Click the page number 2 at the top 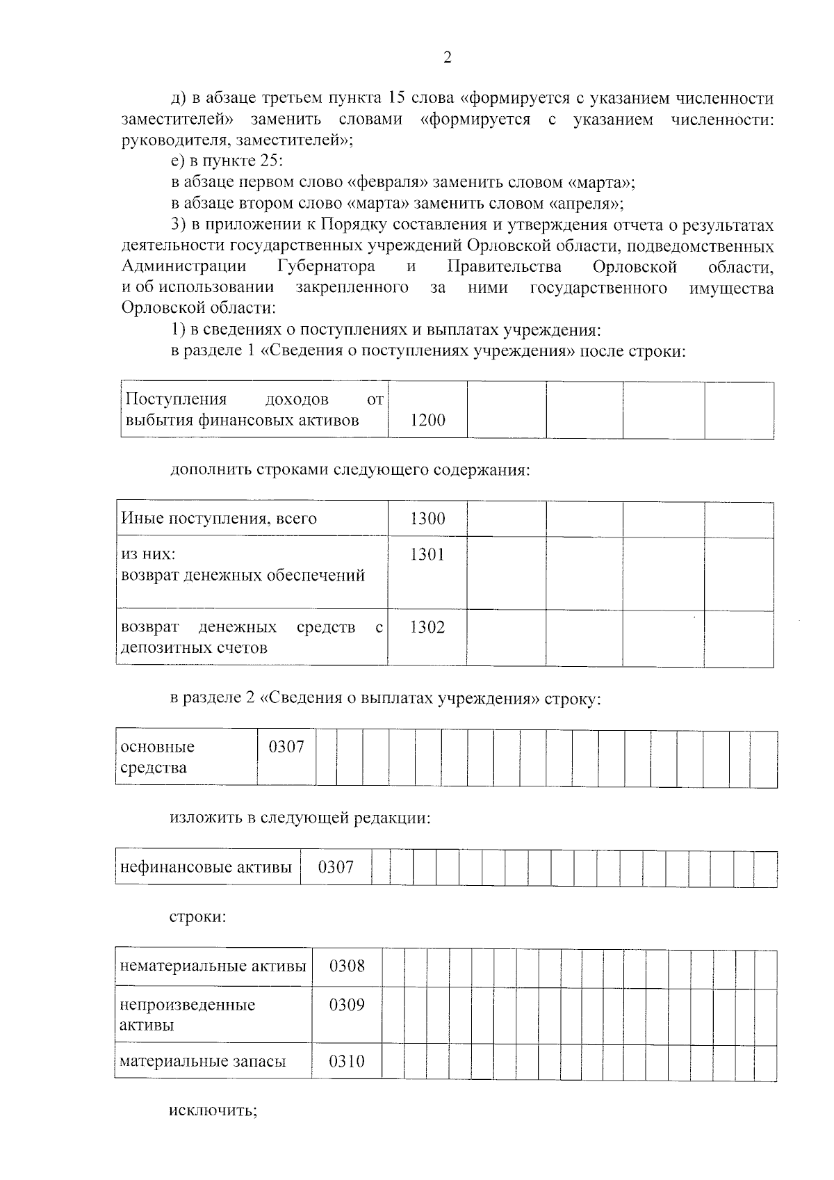click(447, 58)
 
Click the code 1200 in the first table click(427, 420)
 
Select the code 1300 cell click(427, 519)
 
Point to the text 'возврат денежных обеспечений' click(243, 576)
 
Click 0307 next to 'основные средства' click(286, 747)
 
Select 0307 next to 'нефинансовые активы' click(336, 867)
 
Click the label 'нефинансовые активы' click(206, 867)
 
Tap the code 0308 click(346, 966)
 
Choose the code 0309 click(346, 1005)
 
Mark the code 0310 click(346, 1062)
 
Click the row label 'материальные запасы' click(203, 1062)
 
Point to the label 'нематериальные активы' click(213, 966)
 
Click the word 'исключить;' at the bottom click(213, 1129)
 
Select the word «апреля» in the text click(585, 204)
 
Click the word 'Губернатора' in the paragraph click(326, 266)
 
